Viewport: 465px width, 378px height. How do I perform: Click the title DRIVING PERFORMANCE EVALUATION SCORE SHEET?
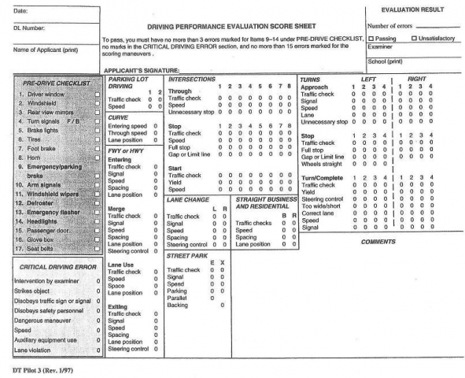coord(234,27)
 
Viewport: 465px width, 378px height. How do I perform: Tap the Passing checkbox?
coord(371,37)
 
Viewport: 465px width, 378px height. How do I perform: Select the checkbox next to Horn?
coord(97,157)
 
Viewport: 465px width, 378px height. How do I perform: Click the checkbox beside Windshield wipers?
coord(97,193)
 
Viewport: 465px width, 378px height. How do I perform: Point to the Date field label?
coord(10,9)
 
